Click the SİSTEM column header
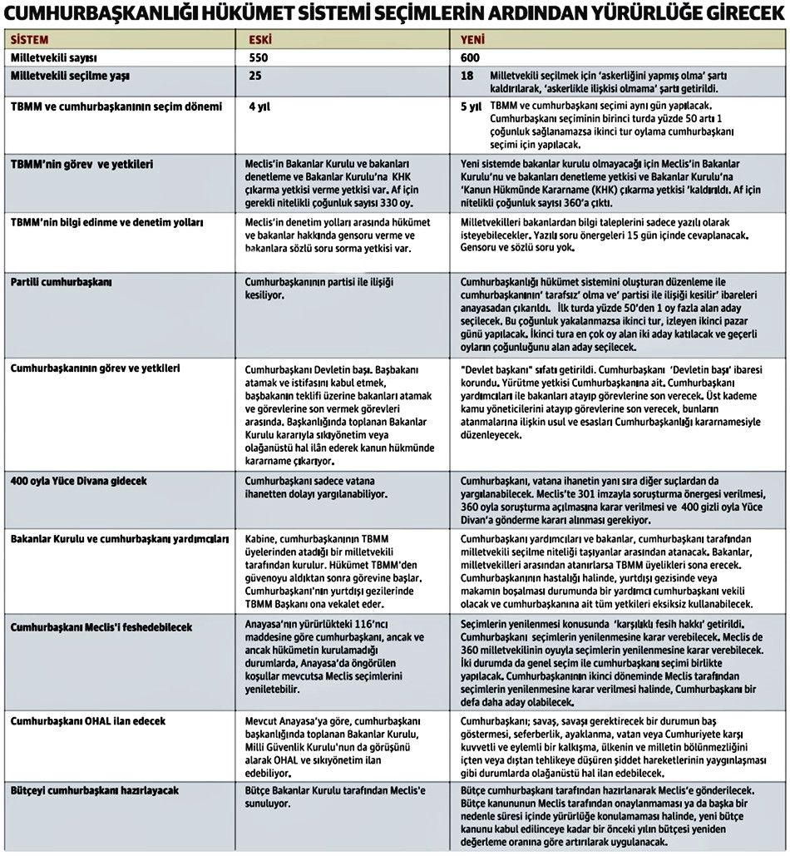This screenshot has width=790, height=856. coord(29,40)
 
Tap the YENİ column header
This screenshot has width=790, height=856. coord(473,40)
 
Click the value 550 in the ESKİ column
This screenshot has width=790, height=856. coord(261,57)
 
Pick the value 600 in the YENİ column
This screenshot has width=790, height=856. coord(472,57)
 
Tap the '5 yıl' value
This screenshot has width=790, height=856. coord(472,107)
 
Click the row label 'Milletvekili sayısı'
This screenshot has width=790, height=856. coord(55,57)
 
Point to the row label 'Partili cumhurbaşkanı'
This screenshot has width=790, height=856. coord(62,282)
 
